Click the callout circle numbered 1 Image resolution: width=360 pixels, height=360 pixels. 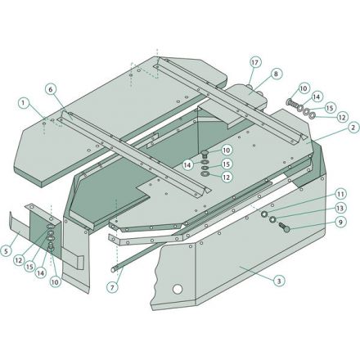point(23,103)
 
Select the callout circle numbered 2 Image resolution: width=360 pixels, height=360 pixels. point(353,128)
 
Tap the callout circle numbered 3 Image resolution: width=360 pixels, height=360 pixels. point(279,281)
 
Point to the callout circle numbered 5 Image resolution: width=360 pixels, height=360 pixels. point(7,250)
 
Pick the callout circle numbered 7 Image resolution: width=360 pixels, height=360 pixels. point(113,287)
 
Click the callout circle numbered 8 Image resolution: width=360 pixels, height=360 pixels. point(276,74)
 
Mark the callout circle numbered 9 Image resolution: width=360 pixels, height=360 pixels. point(340,223)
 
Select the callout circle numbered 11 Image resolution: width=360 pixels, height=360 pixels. point(340,194)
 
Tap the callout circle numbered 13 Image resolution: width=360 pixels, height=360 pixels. point(340,208)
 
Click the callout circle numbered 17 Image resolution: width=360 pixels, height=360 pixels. point(254,62)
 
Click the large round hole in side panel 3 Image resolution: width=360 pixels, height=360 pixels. point(178,289)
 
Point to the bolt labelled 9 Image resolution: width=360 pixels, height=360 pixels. point(284,227)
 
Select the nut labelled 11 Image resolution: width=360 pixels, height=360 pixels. point(263,214)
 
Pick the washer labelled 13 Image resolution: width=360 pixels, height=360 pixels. point(272,219)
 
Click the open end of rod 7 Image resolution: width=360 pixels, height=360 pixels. point(113,269)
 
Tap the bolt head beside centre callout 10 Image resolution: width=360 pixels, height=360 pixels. point(204,154)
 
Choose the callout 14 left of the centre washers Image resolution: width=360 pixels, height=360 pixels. point(188,164)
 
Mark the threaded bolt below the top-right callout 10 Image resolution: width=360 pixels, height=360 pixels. point(291,104)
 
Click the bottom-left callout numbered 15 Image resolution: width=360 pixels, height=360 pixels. point(29,266)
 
